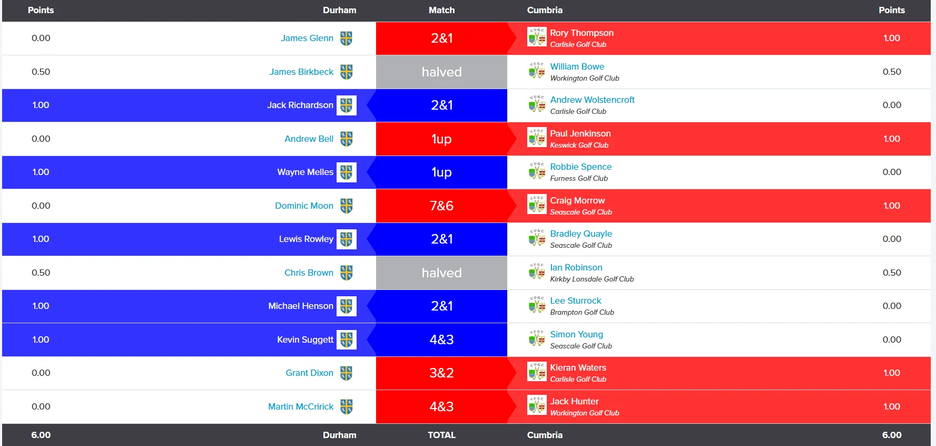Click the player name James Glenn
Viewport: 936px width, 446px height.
[307, 38]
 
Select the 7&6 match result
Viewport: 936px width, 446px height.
[441, 206]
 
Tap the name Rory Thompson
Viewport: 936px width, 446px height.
[582, 33]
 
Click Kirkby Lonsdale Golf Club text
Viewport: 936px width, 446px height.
[592, 279]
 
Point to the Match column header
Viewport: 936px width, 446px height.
[441, 10]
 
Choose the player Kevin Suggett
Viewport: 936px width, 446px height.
[305, 340]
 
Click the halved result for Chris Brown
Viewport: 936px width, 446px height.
[441, 273]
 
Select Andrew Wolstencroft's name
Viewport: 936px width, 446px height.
[592, 100]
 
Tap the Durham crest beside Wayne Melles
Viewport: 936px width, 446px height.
[346, 172]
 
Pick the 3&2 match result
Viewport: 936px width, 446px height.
[441, 373]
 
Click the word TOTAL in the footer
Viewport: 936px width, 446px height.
[441, 435]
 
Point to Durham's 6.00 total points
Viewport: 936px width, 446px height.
[41, 435]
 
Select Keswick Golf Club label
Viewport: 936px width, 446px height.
[579, 145]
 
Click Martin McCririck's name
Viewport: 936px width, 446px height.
[301, 406]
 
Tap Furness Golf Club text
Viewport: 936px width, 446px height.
[579, 178]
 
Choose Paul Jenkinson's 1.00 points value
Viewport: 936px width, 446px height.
[892, 139]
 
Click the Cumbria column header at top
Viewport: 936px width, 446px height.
[545, 10]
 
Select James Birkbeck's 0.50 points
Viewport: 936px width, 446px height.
[41, 72]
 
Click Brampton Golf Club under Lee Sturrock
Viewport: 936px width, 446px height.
[582, 312]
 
